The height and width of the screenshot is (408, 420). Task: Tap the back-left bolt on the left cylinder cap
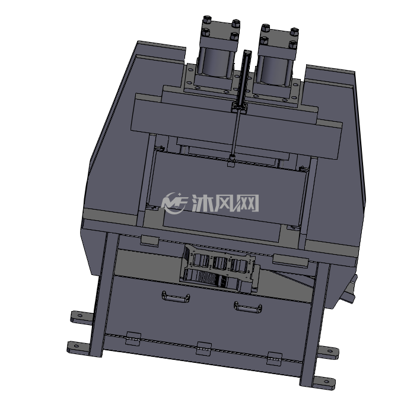pyautogui.click(x=206, y=20)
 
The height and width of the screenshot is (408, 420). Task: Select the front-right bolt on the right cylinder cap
pyautogui.click(x=292, y=45)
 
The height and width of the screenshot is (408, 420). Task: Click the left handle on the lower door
pyautogui.click(x=176, y=297)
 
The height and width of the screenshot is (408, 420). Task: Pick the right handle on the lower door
pyautogui.click(x=248, y=307)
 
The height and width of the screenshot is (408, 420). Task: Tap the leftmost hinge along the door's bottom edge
pyautogui.click(x=133, y=339)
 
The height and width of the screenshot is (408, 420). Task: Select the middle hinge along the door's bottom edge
pyautogui.click(x=204, y=348)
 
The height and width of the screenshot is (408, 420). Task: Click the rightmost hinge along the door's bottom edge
pyautogui.click(x=275, y=359)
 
